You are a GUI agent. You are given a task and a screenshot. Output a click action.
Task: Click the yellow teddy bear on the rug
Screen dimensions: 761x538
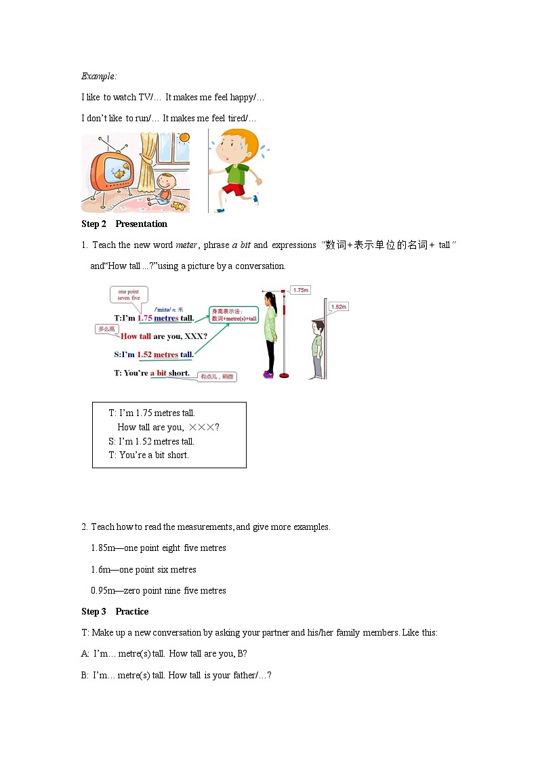coord(178,205)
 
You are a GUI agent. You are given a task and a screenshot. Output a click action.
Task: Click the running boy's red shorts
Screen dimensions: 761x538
coord(234,189)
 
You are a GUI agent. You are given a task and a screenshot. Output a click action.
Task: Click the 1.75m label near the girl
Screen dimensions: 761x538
coord(300,290)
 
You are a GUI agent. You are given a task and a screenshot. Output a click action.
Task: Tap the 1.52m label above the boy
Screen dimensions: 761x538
coord(339,307)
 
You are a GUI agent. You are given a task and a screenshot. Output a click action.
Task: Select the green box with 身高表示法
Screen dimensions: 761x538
coord(234,315)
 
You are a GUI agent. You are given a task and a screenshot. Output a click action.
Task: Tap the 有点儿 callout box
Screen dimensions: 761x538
coord(217,377)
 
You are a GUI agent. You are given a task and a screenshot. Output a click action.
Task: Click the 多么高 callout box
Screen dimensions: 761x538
coord(108,329)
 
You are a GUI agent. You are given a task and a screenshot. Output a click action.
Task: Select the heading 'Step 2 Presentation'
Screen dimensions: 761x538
coord(124,224)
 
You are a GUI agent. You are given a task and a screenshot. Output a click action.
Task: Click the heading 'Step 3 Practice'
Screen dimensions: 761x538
coord(115,612)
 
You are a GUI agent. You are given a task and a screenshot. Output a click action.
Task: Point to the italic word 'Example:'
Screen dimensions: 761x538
coord(99,76)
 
